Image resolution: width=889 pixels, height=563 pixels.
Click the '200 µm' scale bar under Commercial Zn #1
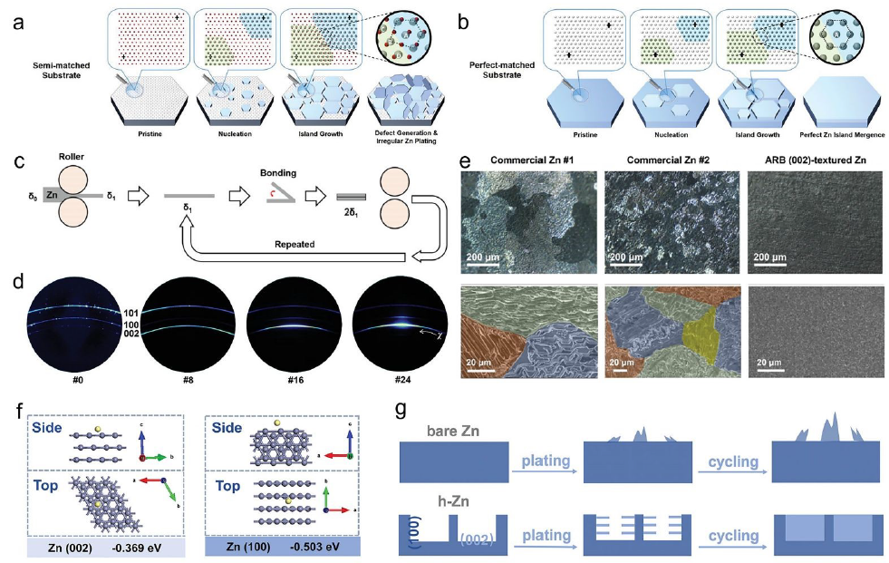pos(488,258)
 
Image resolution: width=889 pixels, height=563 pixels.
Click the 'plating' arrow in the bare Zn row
pos(544,462)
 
